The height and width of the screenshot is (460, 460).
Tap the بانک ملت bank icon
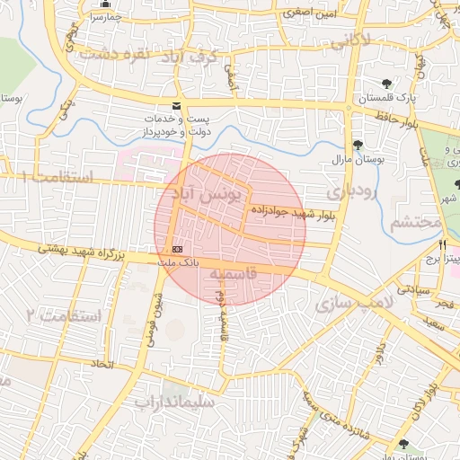(x=176, y=248)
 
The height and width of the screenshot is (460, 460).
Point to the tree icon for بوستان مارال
(x=358, y=146)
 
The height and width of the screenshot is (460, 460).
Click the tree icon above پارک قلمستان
(x=386, y=84)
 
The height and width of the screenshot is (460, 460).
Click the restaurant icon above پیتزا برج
(x=442, y=245)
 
